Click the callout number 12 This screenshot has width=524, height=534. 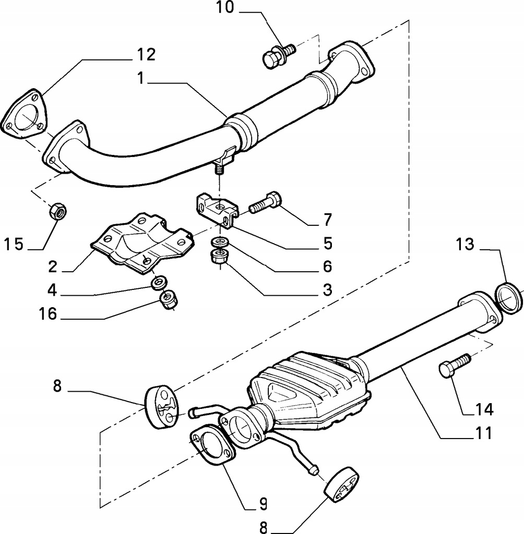[x=147, y=54]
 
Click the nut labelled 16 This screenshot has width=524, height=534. [x=168, y=300]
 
